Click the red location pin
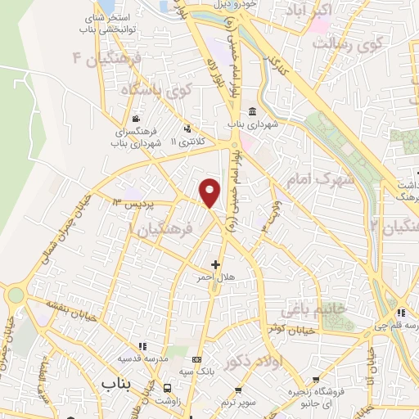click(210, 192)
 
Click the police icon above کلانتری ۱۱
click(187, 127)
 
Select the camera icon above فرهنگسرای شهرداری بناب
click(135, 119)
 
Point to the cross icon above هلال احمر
click(216, 264)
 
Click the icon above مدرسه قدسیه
click(142, 346)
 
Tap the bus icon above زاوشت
click(168, 388)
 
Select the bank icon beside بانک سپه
click(196, 359)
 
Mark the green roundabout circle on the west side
click(16, 295)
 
